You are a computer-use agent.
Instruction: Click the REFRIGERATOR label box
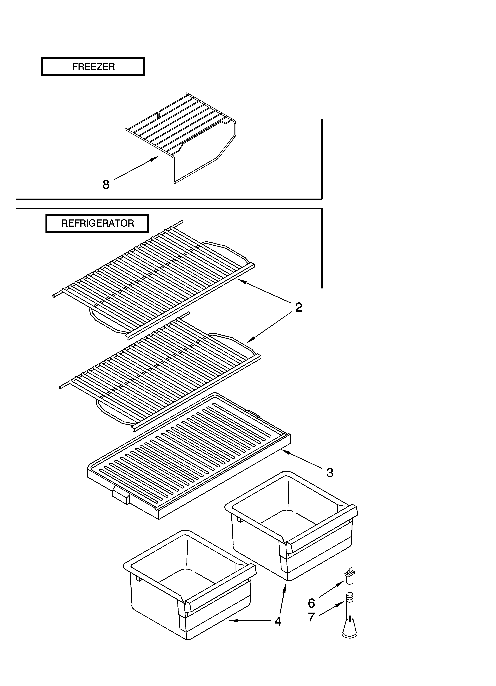(x=97, y=223)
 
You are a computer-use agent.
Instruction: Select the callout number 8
(x=106, y=184)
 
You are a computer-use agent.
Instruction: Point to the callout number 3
(x=330, y=473)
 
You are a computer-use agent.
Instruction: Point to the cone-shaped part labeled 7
(x=350, y=617)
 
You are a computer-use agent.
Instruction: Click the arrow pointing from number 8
(x=136, y=168)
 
